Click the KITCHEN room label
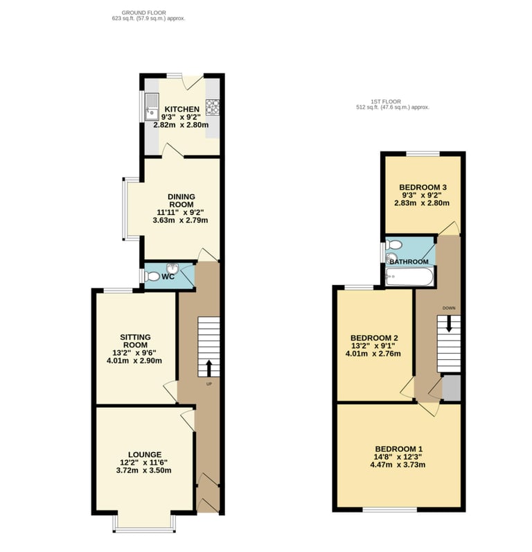(x=182, y=110)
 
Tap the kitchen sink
(x=151, y=113)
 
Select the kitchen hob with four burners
(x=212, y=107)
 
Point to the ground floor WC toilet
(x=153, y=276)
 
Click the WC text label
(x=168, y=277)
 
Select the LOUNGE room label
(x=144, y=454)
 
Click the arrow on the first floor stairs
(x=448, y=325)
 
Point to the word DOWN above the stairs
(x=448, y=309)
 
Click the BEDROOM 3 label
(x=423, y=187)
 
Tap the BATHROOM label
(x=409, y=261)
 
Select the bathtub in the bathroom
(x=409, y=278)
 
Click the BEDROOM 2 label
(x=375, y=338)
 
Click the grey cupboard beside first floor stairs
(x=451, y=388)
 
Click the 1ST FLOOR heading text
(x=392, y=102)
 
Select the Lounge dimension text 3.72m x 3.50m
(x=144, y=471)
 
